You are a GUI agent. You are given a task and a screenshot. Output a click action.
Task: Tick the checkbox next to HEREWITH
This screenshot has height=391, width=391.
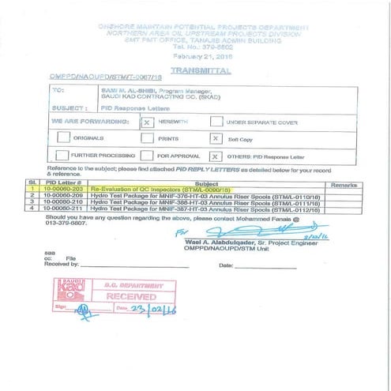click(147, 122)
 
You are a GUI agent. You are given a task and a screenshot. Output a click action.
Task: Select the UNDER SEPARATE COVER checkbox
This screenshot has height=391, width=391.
click(216, 122)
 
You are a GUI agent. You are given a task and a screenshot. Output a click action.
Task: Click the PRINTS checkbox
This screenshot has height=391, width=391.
click(147, 137)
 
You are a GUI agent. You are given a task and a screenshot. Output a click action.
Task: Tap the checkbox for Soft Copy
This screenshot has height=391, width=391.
click(216, 137)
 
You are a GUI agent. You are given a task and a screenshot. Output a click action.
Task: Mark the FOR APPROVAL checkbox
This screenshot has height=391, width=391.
click(147, 155)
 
